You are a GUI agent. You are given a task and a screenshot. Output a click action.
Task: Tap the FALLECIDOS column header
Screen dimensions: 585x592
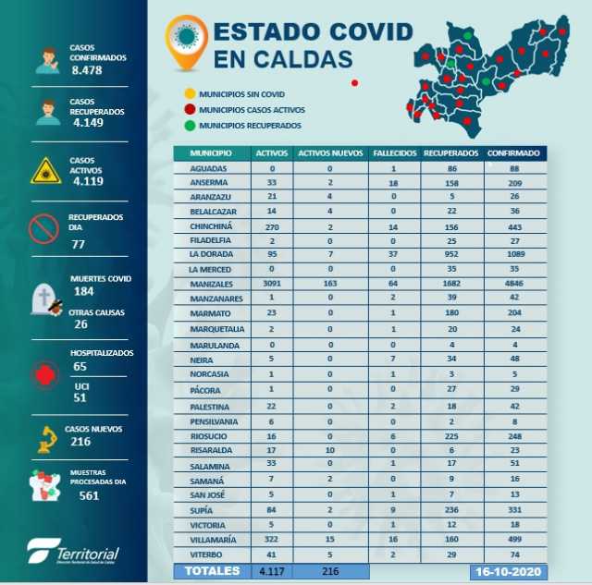tap(393, 152)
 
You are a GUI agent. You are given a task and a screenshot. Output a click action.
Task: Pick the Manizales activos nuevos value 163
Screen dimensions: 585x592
tap(328, 284)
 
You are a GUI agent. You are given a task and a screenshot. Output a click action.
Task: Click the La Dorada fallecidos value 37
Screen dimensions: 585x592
tap(393, 253)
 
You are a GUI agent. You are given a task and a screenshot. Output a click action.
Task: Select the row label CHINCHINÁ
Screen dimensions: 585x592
tap(211, 225)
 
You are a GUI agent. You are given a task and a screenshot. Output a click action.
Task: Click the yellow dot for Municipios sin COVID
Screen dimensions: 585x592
tap(189, 94)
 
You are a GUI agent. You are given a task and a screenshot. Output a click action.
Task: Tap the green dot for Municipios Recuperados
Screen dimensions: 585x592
tap(189, 125)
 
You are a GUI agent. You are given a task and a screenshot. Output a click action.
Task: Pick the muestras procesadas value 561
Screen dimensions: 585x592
tap(89, 494)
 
